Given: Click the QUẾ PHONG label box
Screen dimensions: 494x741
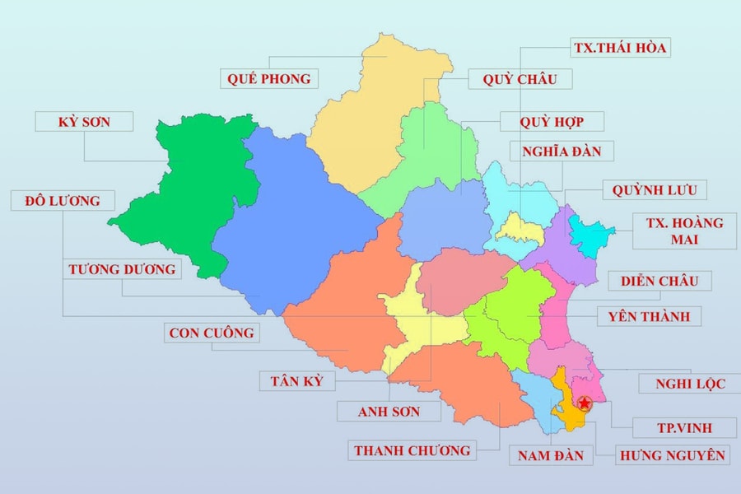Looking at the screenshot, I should pos(269,79).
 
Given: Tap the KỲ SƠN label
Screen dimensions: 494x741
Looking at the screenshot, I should pos(85,122).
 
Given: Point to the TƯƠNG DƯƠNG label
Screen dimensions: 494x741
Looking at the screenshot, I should pos(122,269).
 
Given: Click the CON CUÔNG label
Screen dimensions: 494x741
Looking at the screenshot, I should pos(212,333).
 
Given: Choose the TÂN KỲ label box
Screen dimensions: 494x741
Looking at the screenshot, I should pos(296,381).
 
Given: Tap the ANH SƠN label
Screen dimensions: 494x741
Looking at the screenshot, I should pos(389,411).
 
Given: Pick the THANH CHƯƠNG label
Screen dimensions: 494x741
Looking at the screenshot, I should pos(412,450).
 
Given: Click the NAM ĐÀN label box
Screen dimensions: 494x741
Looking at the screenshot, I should pos(551,455).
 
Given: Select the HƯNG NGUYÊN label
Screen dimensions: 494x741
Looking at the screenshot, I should pos(673,454).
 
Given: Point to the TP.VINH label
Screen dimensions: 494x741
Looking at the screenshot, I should pos(684,428).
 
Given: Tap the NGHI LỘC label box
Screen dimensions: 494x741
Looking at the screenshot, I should pos(691,384).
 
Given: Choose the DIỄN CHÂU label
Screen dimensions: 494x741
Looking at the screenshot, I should pos(659,281).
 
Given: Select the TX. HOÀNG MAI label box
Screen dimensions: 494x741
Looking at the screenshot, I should pos(684,231).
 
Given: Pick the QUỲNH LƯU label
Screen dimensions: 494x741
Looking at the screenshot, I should pos(654,190).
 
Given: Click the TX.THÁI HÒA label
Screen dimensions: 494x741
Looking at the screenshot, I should pos(619,48).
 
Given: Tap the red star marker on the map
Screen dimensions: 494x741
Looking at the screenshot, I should pos(585,403).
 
